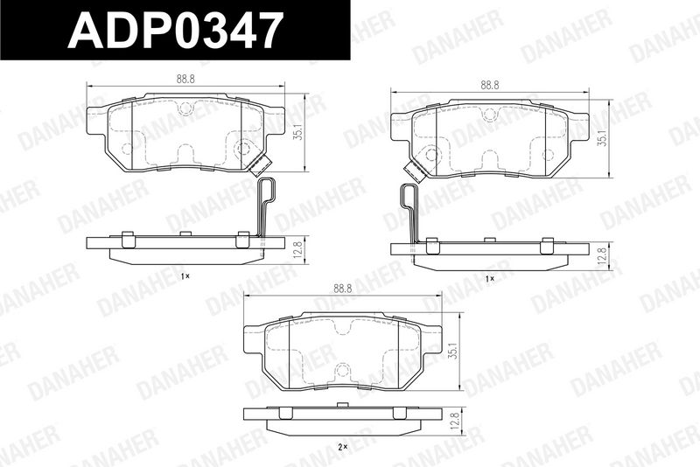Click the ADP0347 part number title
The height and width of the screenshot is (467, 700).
tap(176, 30)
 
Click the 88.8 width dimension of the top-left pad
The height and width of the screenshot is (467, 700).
tap(185, 79)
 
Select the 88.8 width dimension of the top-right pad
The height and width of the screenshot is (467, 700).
tap(490, 85)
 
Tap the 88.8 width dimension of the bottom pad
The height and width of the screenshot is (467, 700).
tap(342, 289)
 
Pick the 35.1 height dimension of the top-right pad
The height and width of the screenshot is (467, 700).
tap(603, 138)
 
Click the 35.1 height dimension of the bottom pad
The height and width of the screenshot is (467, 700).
tap(454, 351)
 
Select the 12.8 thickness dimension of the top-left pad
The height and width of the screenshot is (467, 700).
tap(299, 249)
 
